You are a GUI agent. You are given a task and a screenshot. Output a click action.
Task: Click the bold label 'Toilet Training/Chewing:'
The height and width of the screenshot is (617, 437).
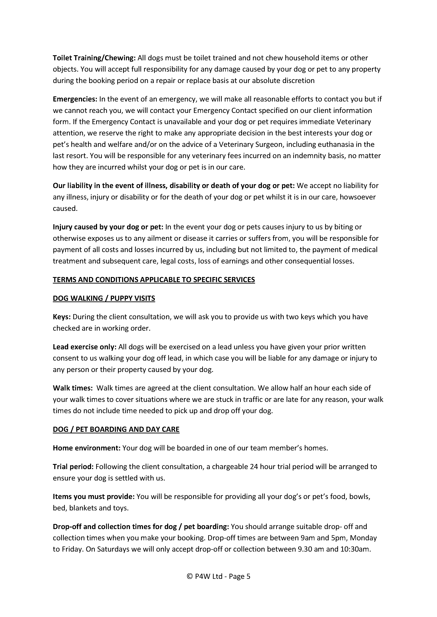(94, 58)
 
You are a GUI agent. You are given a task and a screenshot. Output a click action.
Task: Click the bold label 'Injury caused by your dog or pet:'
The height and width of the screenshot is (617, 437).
(108, 227)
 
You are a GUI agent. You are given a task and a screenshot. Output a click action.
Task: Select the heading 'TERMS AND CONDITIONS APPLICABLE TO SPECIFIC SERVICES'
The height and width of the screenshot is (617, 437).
(154, 280)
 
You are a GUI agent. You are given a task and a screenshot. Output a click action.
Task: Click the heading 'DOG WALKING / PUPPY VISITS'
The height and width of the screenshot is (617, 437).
(104, 298)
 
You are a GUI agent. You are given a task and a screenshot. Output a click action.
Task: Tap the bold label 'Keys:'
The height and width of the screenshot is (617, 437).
(62, 317)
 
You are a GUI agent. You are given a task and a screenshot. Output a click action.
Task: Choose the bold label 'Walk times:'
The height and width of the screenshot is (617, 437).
(73, 388)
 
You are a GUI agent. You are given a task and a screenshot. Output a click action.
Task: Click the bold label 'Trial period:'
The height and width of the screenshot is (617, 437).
(73, 466)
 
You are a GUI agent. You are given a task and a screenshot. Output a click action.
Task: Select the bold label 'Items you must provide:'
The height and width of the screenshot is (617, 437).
(93, 497)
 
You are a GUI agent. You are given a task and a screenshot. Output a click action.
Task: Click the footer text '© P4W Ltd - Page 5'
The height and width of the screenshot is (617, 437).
(218, 576)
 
